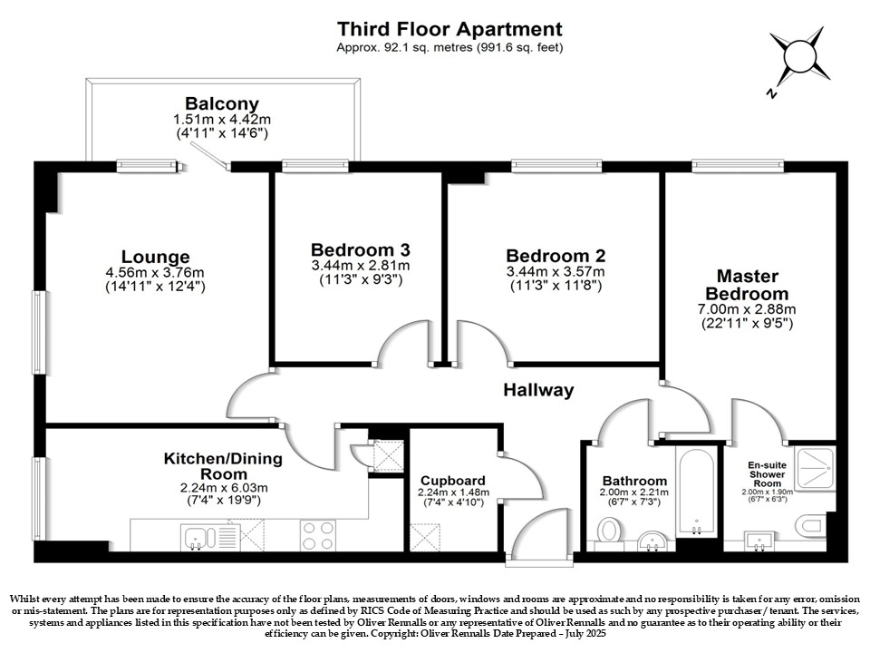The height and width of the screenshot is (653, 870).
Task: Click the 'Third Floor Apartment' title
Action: tap(449, 29)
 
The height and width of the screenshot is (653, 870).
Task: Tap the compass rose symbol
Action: tap(799, 58)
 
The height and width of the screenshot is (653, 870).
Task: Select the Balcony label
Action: tap(222, 103)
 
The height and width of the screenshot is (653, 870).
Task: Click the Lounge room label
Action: tap(155, 257)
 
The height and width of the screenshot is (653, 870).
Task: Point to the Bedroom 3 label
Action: tap(361, 249)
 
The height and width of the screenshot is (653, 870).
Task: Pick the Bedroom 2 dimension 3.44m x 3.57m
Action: tap(556, 272)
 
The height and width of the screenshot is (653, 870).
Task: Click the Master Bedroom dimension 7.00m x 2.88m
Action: tap(747, 308)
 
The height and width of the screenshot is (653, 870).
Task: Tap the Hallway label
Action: tap(538, 390)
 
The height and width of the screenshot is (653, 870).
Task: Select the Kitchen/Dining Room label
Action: tap(223, 466)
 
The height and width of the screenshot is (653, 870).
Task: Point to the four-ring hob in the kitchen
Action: tap(318, 536)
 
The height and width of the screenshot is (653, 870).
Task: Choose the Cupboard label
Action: tap(453, 481)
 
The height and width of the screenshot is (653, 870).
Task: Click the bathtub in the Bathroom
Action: tap(696, 491)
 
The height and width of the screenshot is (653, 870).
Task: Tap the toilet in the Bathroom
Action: tap(609, 531)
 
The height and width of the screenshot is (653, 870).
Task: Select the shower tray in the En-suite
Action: tap(815, 468)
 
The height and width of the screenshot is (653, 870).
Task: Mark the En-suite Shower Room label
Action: tap(768, 474)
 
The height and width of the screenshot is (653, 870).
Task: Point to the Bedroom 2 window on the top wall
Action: tap(556, 165)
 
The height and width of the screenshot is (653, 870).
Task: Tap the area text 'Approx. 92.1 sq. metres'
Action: tap(404, 48)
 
